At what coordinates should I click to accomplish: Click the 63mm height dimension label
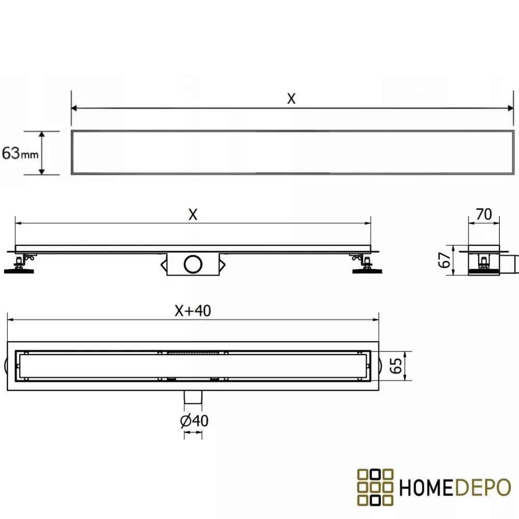point(20,153)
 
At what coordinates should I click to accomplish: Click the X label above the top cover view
point(291,99)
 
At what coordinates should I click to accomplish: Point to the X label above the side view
point(193,214)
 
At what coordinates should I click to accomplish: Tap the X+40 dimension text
point(193,311)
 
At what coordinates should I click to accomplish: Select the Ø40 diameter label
point(194,421)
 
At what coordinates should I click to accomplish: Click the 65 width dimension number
point(396,366)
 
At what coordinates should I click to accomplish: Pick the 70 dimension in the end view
point(484,214)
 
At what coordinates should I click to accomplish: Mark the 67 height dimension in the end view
point(444,260)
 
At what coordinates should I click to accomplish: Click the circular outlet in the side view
point(193,264)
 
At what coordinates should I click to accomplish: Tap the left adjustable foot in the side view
point(20,264)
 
